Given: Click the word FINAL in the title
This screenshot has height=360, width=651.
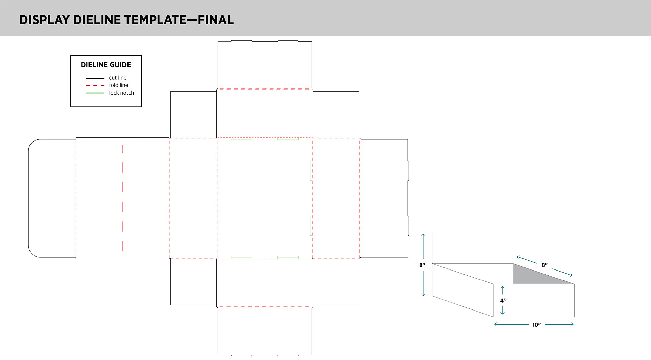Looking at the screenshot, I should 216,20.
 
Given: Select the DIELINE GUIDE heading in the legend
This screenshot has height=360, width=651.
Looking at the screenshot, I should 106,65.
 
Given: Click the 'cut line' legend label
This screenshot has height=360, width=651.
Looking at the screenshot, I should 118,78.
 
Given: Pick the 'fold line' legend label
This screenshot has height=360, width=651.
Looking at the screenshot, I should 118,85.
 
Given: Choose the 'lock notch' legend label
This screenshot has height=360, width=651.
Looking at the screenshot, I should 121,93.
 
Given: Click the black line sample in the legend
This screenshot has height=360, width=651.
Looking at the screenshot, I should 95,78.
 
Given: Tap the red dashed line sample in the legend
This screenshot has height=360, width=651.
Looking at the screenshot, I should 95,85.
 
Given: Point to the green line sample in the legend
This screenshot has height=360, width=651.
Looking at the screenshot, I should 95,93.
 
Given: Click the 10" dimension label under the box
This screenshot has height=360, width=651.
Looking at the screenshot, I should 536,325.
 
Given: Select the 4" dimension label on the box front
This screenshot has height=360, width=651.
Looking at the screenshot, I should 503,301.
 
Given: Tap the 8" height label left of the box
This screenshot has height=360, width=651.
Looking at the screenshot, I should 422,265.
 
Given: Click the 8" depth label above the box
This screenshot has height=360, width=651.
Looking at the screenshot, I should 545,265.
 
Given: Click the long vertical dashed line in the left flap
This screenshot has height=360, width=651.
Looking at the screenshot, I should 123,198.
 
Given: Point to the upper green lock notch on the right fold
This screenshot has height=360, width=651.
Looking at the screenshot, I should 311,171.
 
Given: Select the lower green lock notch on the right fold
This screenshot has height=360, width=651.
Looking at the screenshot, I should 311,225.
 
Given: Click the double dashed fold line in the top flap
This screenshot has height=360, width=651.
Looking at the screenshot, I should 264,89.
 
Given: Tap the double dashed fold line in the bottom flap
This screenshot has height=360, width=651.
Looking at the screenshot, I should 264,307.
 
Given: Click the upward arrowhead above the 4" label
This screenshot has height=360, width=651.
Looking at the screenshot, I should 502,288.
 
